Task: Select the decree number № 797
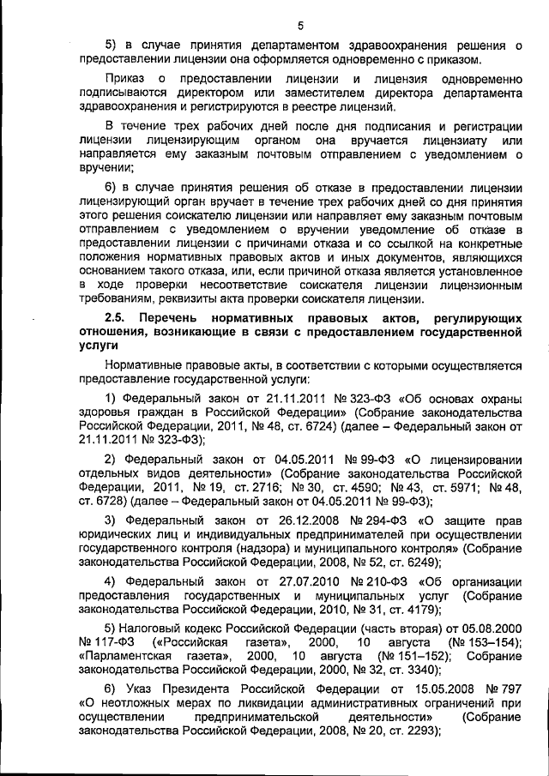(504, 690)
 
